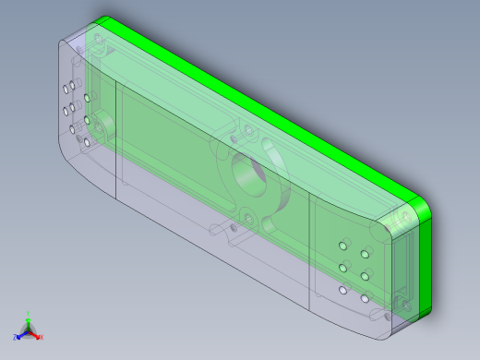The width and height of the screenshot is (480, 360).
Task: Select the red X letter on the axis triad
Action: coord(42,336)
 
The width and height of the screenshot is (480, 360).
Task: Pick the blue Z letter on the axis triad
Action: coord(15,337)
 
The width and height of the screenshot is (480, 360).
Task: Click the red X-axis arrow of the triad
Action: coord(35,332)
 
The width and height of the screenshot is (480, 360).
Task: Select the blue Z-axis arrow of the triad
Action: coord(21,333)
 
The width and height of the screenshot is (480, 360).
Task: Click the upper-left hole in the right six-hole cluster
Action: coord(343,246)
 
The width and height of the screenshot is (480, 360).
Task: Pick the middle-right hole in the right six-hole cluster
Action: coord(366,276)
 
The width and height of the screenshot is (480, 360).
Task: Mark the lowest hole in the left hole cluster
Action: coord(86,143)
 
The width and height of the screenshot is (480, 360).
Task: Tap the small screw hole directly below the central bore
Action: coord(247,217)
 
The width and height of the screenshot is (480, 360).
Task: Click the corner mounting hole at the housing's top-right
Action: coord(402,219)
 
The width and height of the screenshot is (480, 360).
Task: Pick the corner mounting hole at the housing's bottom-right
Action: coord(402,302)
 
